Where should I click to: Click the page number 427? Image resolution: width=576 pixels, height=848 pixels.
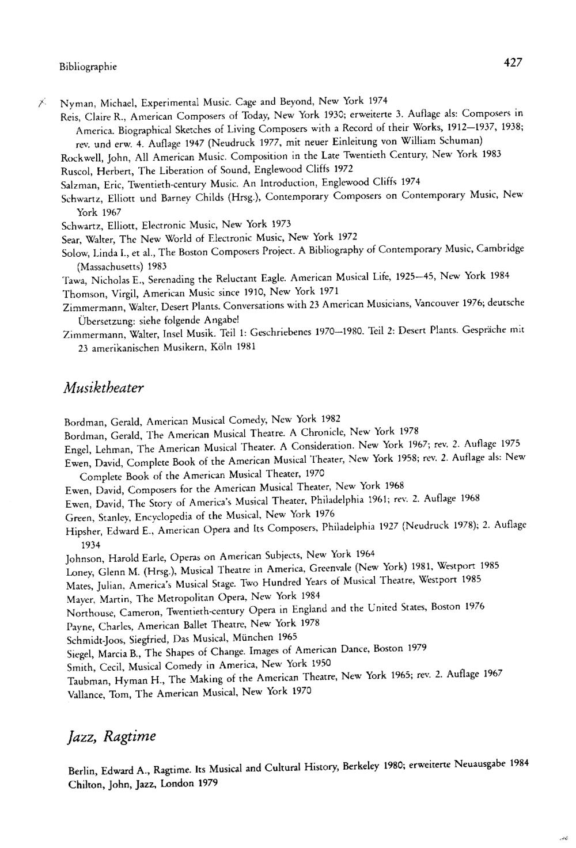click(x=512, y=62)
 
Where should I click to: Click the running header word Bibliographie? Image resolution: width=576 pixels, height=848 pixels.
click(x=88, y=67)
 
